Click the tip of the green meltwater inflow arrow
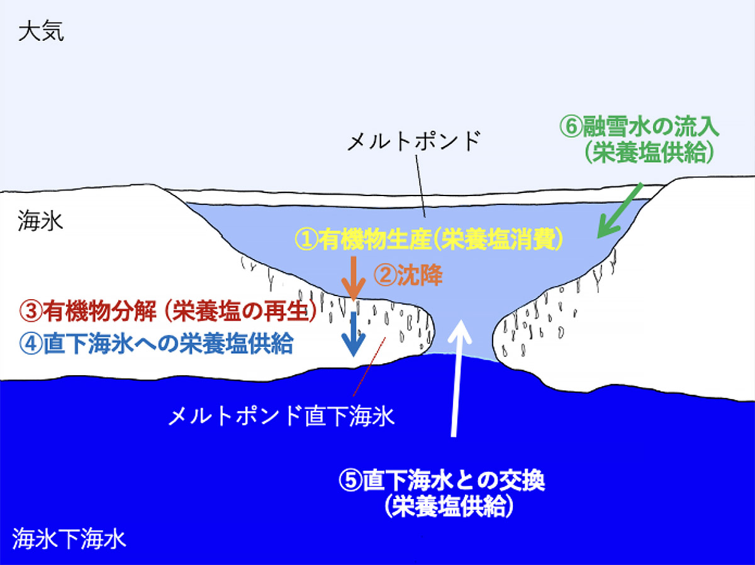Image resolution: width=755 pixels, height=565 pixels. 598,238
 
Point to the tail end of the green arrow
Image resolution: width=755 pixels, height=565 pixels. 642,184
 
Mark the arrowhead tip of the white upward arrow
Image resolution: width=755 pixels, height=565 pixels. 460,319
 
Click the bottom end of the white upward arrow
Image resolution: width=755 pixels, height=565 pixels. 454,437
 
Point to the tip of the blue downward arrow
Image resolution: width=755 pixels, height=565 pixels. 354,357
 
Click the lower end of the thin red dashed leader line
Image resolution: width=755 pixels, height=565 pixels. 353,396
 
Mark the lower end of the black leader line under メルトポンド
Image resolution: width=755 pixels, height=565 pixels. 425,217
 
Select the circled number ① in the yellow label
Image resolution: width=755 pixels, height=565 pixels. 306,239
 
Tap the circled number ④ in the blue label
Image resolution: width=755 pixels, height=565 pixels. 31,343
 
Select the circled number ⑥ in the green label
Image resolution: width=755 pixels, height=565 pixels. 571,127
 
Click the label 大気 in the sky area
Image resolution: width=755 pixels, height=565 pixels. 42,32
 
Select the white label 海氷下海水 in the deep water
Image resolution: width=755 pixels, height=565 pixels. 69,539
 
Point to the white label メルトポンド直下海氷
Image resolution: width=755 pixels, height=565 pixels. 281,416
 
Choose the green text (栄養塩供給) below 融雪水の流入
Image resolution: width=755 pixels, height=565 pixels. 649,152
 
